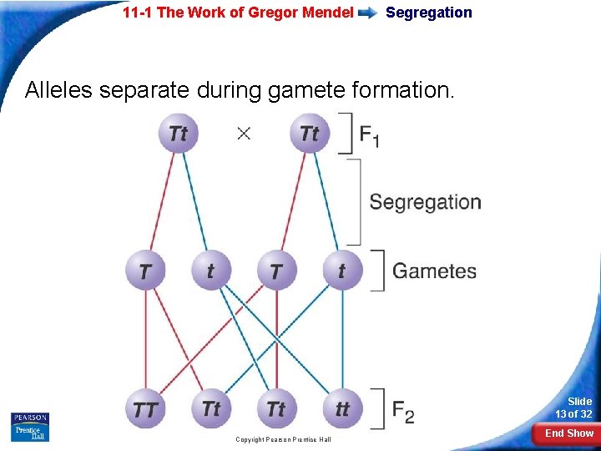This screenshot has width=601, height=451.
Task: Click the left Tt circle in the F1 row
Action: [178, 133]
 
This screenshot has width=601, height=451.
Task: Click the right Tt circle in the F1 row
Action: [309, 133]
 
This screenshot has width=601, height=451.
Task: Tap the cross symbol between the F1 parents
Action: [244, 133]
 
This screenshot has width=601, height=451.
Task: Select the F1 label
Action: [369, 134]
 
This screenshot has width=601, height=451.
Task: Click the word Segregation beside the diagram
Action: [425, 202]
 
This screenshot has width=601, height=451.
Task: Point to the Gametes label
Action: [434, 271]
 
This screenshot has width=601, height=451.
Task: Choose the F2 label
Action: [403, 410]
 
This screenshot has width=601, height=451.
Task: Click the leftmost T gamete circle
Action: [145, 271]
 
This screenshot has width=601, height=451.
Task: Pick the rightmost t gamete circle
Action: [341, 271]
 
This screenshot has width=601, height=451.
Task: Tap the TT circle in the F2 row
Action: [145, 409]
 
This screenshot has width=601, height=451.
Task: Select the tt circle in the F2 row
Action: [341, 409]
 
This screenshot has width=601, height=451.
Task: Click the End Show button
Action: [569, 433]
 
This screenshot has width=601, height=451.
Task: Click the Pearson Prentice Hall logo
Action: [30, 427]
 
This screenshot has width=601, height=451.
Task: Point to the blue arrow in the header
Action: [368, 13]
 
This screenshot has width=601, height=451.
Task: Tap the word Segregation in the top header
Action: [428, 13]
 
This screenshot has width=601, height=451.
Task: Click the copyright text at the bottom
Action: [283, 439]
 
